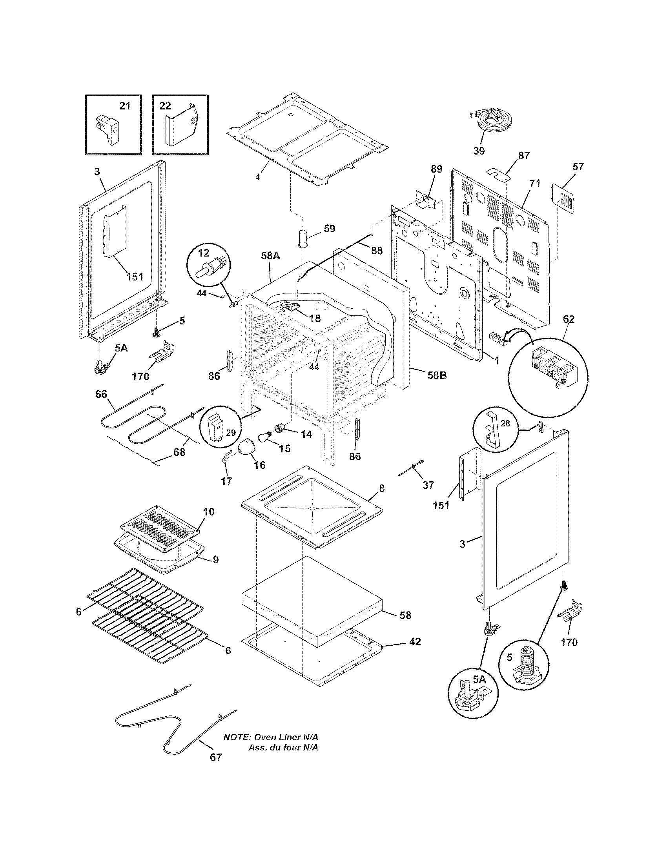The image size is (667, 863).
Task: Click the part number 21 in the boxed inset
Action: point(124,106)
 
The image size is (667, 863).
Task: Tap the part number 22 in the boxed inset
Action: point(165,106)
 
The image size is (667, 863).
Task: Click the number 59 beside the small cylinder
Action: point(329,228)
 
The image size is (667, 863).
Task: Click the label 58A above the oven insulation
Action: point(271,256)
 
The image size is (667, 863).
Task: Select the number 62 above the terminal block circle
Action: point(569,319)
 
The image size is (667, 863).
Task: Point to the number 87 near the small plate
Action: point(524,156)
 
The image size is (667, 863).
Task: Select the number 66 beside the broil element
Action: point(101,394)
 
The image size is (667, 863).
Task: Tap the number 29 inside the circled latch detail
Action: point(231,433)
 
